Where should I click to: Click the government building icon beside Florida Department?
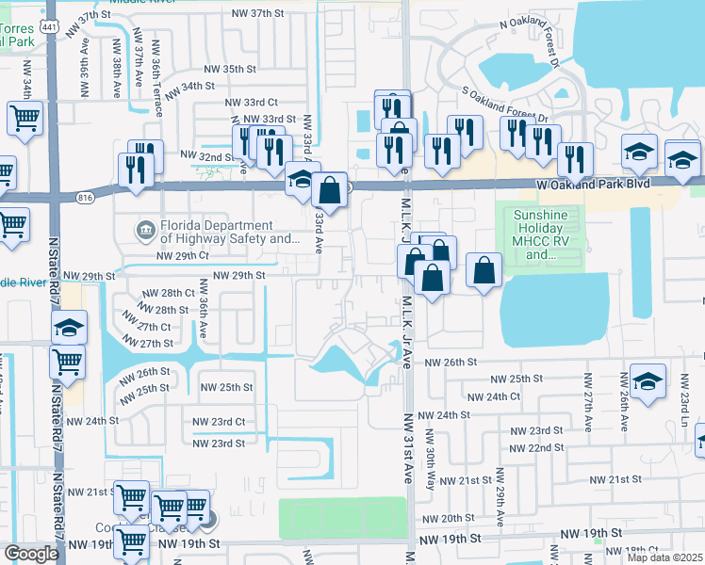click(144, 227)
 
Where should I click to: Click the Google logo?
click(31, 554)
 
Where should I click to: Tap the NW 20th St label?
click(448, 518)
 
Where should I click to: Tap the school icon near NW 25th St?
click(648, 382)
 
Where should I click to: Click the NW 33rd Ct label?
click(252, 102)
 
